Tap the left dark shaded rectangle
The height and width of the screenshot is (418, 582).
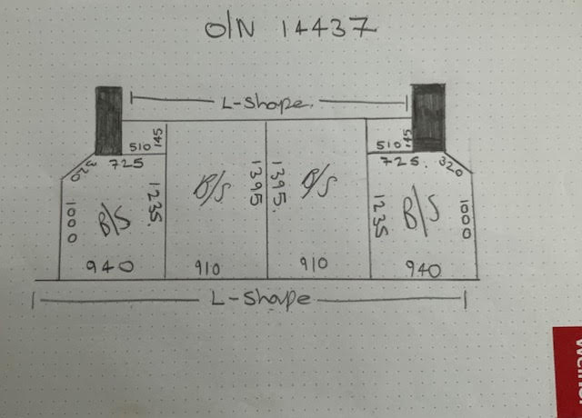coord(109,120)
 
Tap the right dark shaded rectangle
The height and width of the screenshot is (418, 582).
coord(427,116)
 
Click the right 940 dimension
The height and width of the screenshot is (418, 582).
coord(424,269)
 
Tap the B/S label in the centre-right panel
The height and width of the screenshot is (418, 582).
coord(320,184)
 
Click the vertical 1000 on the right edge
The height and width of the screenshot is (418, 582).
coord(466,220)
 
